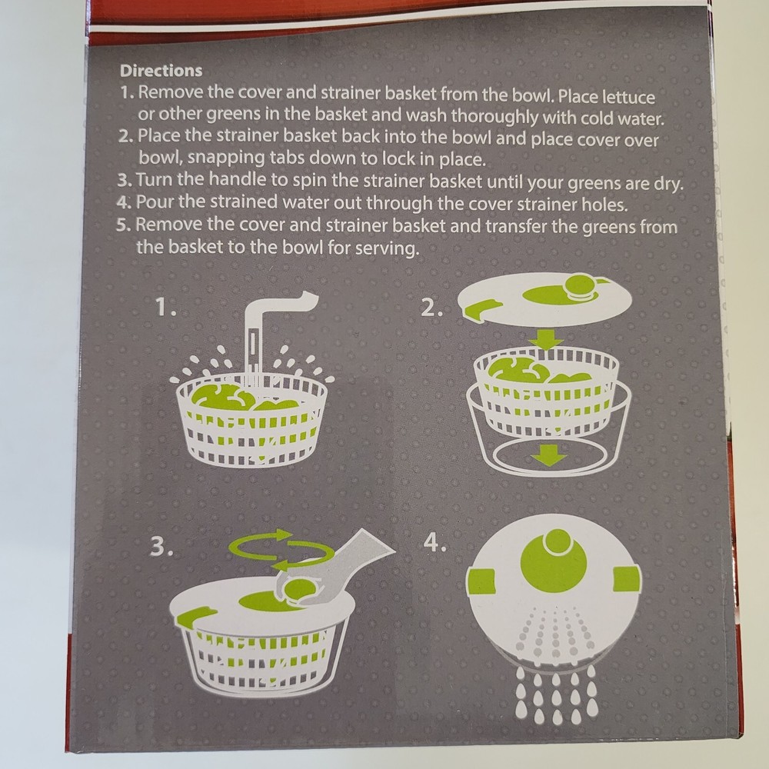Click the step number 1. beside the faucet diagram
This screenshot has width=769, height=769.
[x=166, y=308]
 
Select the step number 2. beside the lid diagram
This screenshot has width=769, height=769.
[x=433, y=308]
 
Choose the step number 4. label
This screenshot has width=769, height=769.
[x=435, y=542]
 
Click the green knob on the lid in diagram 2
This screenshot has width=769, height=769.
[x=578, y=287]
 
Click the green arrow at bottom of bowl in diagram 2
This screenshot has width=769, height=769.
[x=549, y=456]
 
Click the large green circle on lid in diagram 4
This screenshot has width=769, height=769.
[x=554, y=560]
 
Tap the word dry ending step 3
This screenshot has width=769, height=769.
[x=671, y=185]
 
